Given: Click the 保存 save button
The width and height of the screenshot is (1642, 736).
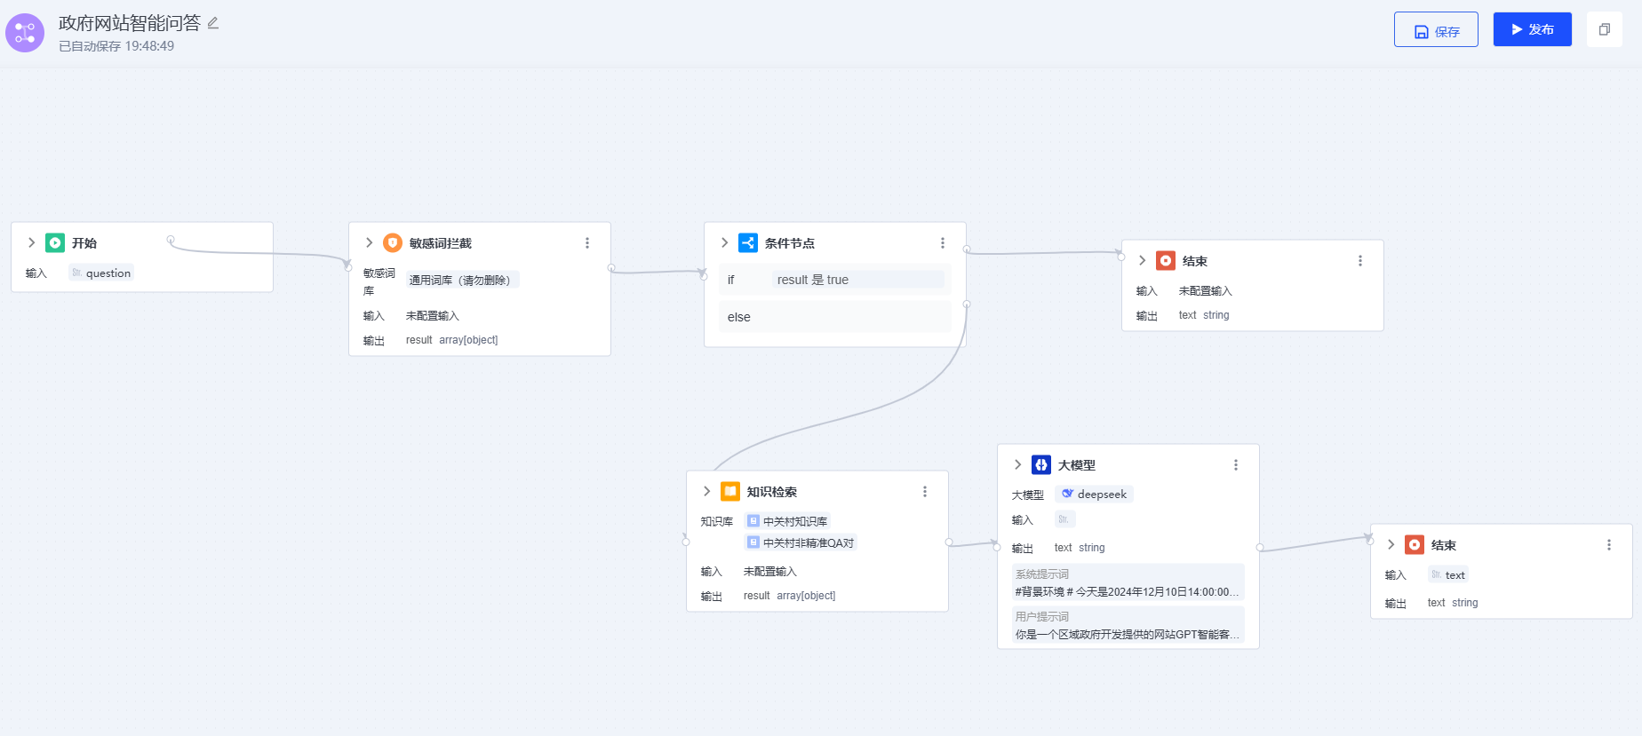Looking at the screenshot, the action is click(1436, 30).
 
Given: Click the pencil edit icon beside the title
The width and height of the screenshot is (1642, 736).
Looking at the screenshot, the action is click(213, 23).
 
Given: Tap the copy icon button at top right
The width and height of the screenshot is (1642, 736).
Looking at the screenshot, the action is click(1604, 29).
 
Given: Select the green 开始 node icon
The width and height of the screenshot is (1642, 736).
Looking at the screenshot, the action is click(55, 242).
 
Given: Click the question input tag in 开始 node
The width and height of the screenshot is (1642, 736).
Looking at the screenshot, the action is click(101, 273).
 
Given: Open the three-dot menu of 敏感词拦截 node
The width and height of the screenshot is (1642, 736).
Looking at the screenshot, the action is click(587, 243).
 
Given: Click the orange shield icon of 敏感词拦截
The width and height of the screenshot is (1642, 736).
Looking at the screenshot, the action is click(393, 242).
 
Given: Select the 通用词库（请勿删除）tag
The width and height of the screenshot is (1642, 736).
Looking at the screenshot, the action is click(462, 280).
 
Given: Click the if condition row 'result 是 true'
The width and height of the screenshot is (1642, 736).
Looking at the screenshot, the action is click(835, 280).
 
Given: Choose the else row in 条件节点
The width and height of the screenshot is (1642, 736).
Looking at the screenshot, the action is click(835, 317).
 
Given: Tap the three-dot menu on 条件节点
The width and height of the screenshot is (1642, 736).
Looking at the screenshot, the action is click(943, 243).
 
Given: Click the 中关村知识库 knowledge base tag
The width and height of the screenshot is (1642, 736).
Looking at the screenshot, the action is click(788, 521).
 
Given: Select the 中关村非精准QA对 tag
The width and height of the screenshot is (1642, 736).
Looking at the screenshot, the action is click(801, 542).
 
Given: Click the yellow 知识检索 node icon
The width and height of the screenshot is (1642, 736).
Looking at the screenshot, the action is click(730, 491).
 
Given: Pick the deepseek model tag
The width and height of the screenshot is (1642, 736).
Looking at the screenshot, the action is click(1094, 495).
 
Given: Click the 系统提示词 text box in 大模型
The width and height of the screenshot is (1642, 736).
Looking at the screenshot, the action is click(1128, 583).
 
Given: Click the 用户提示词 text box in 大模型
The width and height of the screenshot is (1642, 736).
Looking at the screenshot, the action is click(1128, 625).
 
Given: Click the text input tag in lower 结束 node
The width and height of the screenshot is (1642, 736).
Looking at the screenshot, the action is click(1448, 575).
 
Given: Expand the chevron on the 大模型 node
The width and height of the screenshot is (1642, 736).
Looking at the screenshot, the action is click(1018, 464).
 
